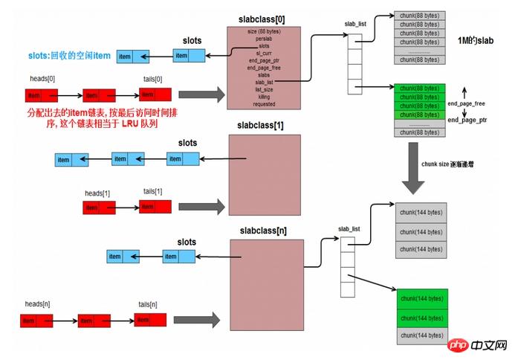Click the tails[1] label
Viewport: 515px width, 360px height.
(x=153, y=192)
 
